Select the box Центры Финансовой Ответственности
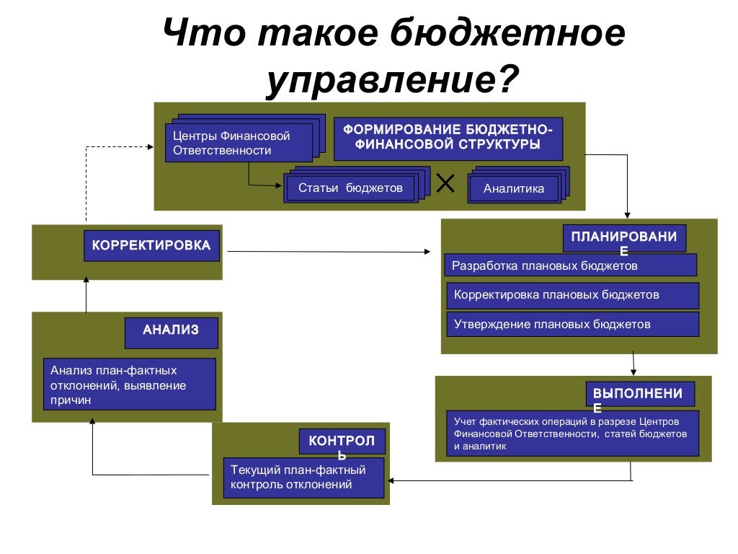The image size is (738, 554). click(239, 143)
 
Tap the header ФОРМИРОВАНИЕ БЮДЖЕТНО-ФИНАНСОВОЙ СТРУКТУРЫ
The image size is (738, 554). click(448, 138)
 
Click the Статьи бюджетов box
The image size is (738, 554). click(350, 188)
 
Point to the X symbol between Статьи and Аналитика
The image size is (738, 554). click(445, 185)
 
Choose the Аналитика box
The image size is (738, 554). click(513, 189)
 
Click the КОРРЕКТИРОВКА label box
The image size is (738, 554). click(151, 246)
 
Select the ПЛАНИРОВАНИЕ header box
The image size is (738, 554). click(624, 238)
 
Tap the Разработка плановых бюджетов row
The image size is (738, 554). click(570, 265)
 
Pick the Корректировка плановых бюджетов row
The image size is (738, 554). click(573, 296)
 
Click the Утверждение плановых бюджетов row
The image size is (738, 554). click(573, 325)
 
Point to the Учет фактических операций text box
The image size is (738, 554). click(573, 434)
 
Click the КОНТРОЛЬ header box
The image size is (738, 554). click(342, 441)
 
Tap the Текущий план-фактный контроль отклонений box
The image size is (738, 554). click(303, 478)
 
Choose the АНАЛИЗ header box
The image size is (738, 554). click(171, 331)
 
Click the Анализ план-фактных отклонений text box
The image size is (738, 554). click(129, 384)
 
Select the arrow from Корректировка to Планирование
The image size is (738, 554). click(328, 252)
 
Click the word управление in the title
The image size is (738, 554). click(381, 80)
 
